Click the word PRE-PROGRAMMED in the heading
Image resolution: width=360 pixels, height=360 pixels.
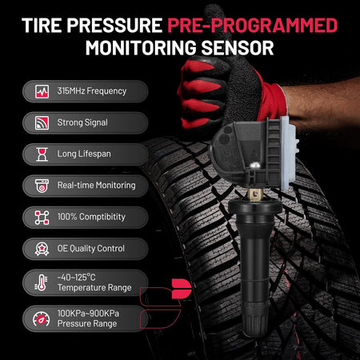(x=253, y=26)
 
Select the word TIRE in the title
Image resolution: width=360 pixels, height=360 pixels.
(x=42, y=26)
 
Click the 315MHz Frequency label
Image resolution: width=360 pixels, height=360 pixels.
(x=92, y=91)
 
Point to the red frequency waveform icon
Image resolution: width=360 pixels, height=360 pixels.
(x=42, y=91)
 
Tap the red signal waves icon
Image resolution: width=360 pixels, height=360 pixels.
(x=42, y=123)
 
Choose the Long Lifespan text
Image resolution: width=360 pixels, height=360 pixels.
(x=84, y=154)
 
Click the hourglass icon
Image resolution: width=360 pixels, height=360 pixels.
(x=42, y=154)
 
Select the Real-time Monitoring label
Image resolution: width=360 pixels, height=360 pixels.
(x=97, y=186)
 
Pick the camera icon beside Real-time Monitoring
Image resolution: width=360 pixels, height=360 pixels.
(x=42, y=186)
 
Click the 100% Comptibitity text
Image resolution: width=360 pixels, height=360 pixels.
(x=91, y=217)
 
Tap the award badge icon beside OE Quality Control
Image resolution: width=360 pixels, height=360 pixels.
(x=42, y=249)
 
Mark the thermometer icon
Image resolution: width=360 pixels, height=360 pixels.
(x=41, y=283)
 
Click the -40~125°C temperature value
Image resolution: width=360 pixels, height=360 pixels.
(x=76, y=278)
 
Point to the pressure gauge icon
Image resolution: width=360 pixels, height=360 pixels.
(x=42, y=319)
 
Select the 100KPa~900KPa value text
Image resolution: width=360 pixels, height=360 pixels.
(x=88, y=314)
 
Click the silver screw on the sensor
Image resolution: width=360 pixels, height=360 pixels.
(x=254, y=166)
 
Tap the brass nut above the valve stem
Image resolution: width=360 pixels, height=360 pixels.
(x=255, y=194)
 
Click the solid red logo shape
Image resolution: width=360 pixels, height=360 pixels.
(x=182, y=289)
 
